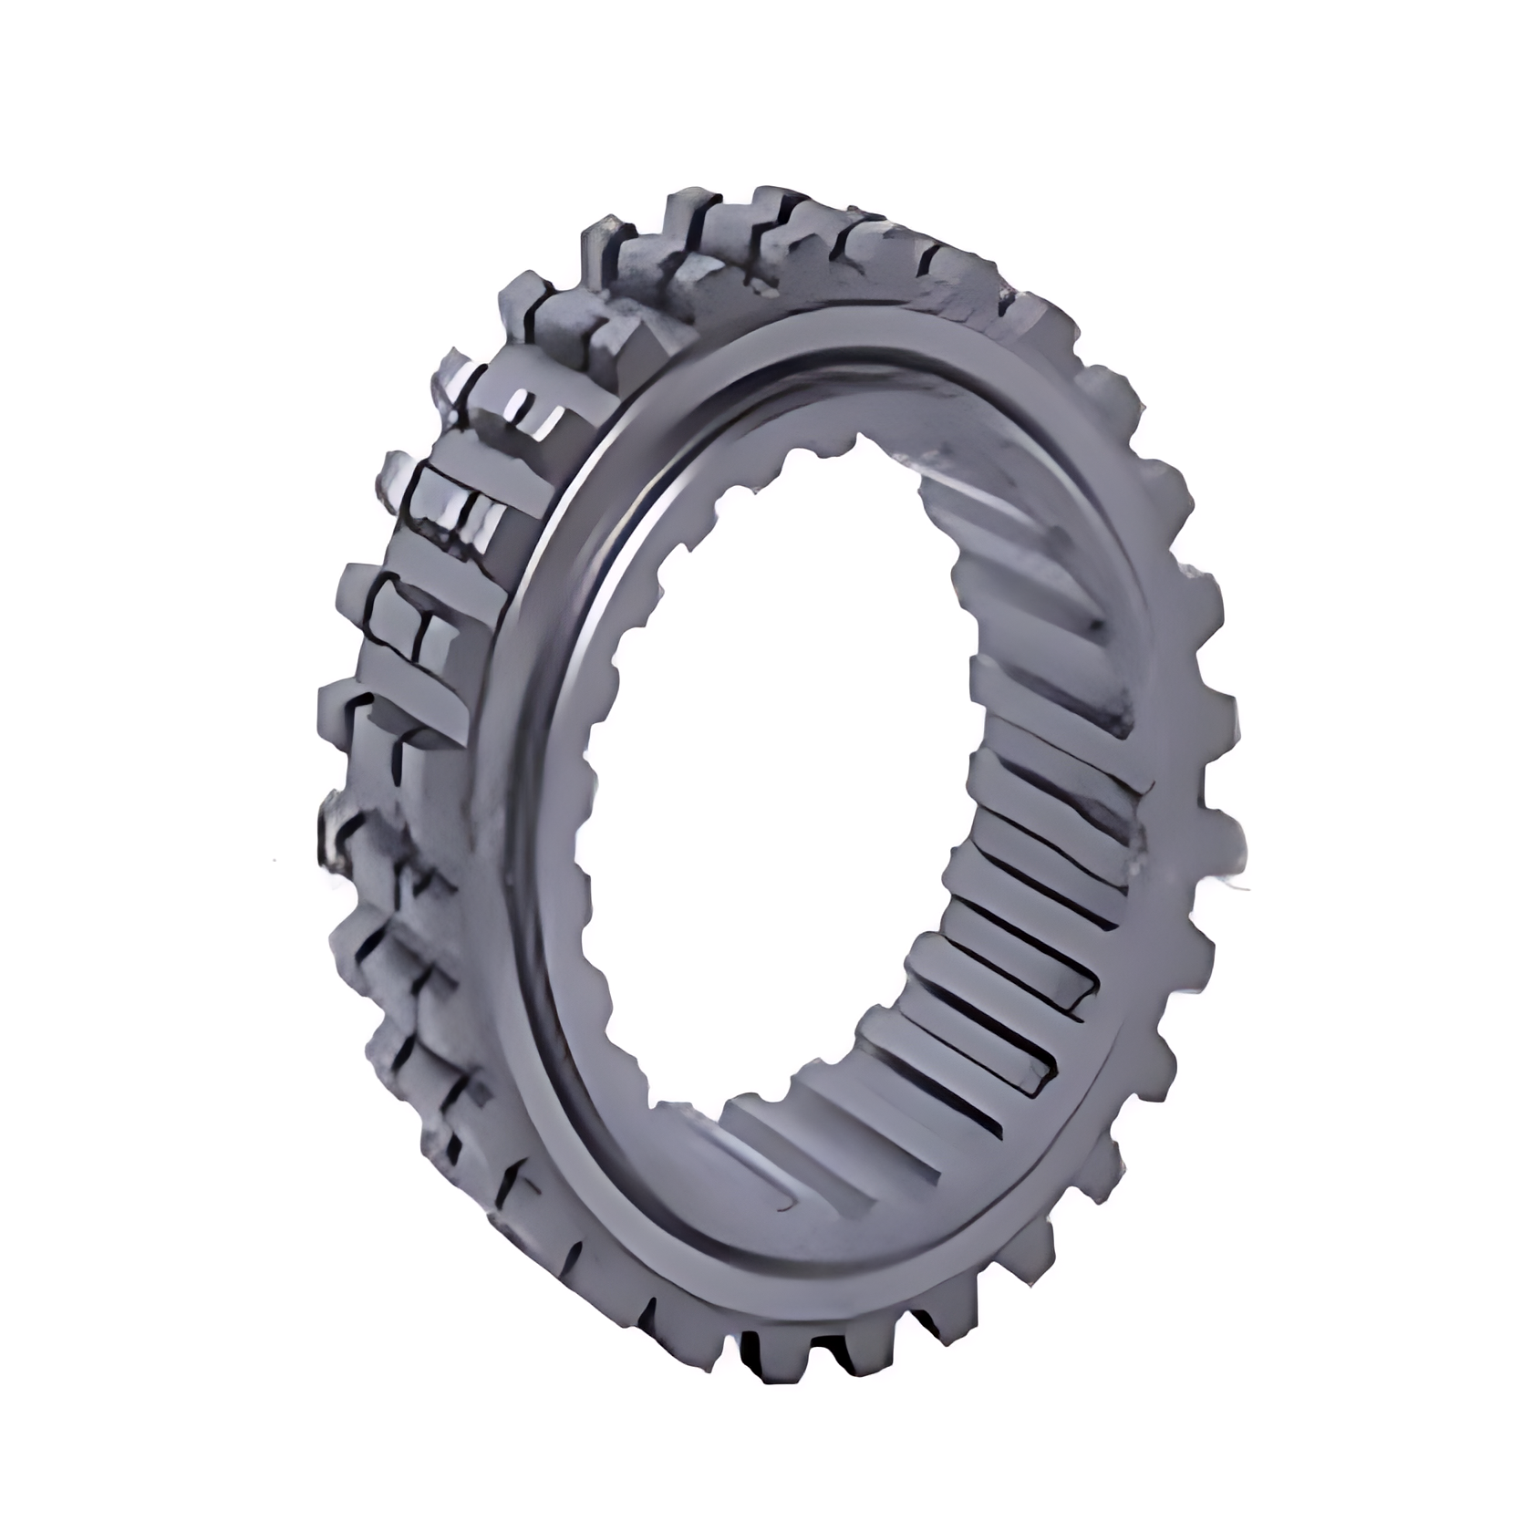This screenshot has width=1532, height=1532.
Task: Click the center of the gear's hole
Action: point(784,784)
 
